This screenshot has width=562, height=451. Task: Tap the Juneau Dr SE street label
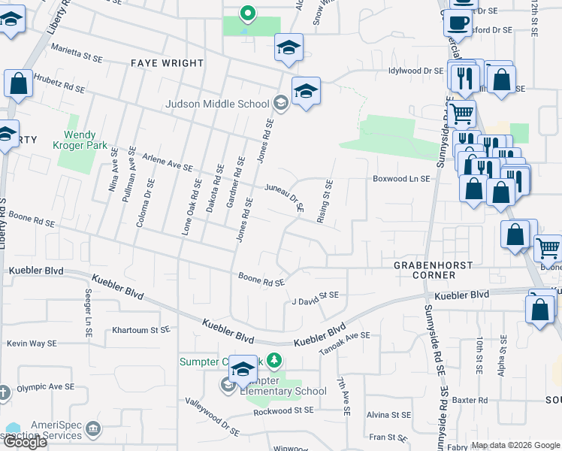[284, 198]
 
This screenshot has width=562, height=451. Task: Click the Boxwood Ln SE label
[402, 179]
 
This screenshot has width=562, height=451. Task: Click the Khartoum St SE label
[140, 329]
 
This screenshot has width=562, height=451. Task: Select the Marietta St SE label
[77, 55]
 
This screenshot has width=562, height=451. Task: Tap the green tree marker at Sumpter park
[273, 361]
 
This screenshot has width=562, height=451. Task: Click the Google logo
[25, 442]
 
